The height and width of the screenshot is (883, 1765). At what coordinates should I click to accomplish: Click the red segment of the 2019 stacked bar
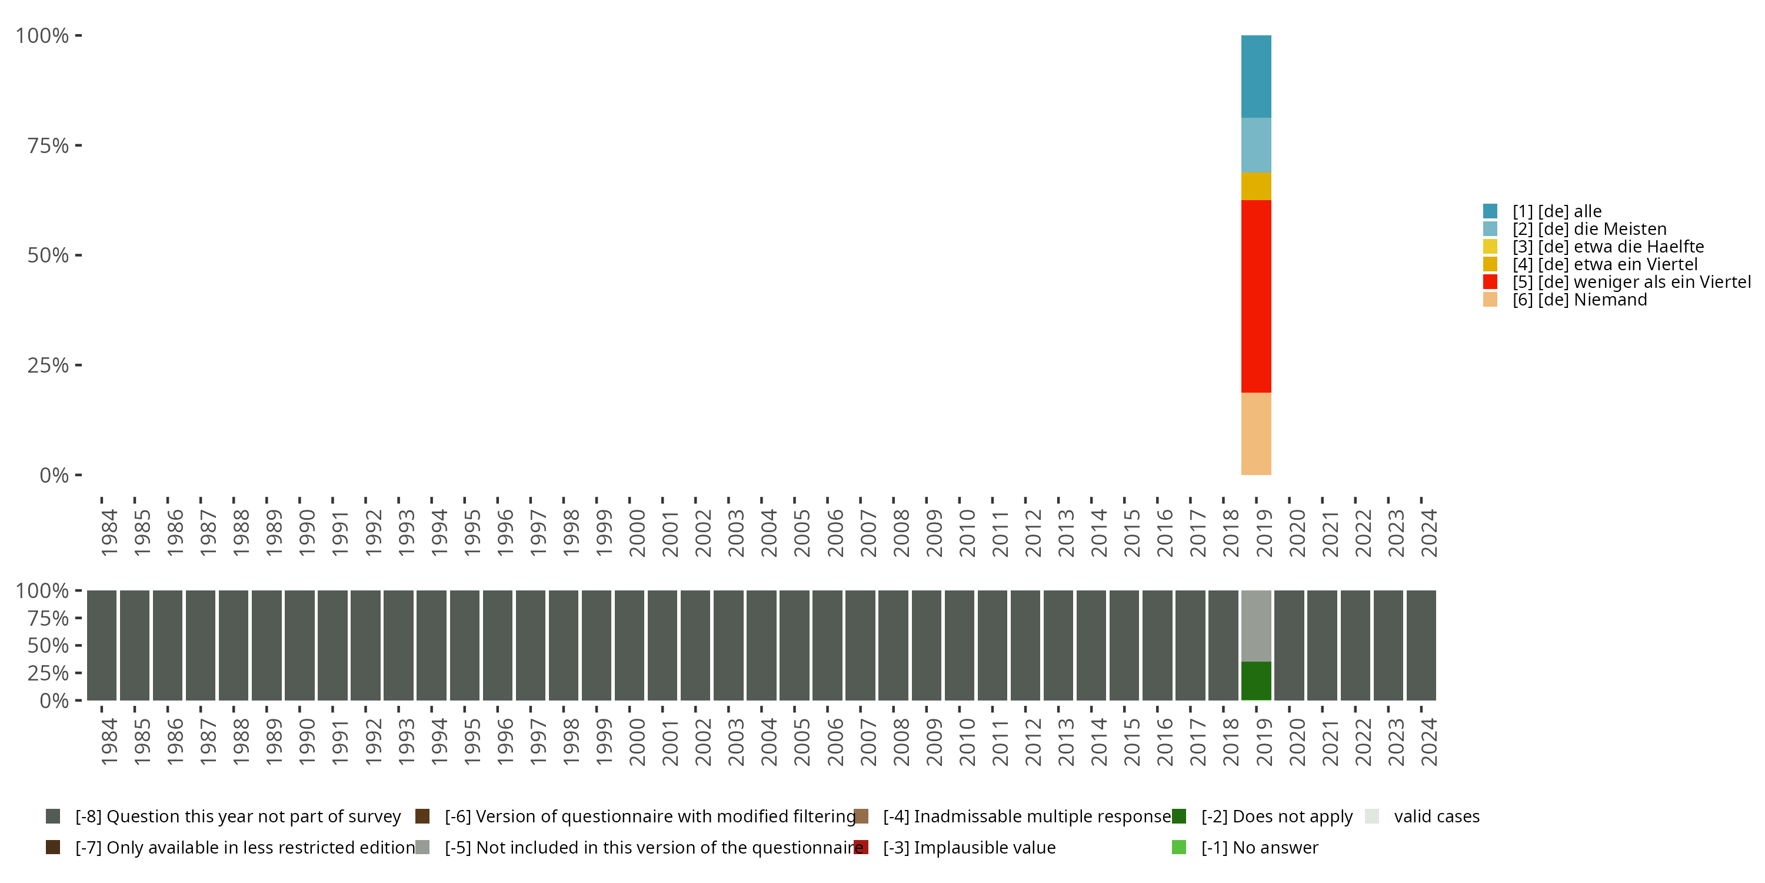[1256, 296]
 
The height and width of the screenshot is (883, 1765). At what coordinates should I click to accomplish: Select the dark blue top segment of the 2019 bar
[1256, 76]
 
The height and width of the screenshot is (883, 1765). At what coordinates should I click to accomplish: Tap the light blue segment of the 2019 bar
[1256, 145]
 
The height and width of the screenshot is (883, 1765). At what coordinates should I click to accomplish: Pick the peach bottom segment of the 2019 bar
[1256, 433]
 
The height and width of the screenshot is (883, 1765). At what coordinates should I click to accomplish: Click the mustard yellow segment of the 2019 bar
[1256, 186]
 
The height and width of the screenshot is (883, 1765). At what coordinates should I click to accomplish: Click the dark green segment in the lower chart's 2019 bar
[1256, 680]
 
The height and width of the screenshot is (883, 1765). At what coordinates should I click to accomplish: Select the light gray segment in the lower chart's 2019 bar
[1256, 626]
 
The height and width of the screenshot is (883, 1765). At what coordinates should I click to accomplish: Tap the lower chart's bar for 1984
[101, 645]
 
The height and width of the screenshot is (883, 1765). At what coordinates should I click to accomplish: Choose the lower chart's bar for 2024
[1421, 645]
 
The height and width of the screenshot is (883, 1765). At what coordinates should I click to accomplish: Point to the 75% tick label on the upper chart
[48, 145]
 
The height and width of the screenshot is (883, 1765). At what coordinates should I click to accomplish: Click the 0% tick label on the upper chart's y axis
[54, 475]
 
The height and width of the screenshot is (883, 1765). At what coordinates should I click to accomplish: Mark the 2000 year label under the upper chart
[637, 533]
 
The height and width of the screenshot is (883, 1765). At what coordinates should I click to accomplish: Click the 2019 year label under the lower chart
[1264, 742]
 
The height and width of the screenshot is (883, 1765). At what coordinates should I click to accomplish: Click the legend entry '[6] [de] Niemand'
[1579, 300]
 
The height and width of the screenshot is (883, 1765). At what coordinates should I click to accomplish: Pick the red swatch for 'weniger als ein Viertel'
[1490, 282]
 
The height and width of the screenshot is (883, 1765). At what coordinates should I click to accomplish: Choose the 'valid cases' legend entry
[1436, 816]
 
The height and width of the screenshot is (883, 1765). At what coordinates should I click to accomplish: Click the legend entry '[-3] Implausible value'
[969, 847]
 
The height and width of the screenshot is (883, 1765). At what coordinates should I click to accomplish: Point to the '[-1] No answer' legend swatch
[1179, 847]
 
